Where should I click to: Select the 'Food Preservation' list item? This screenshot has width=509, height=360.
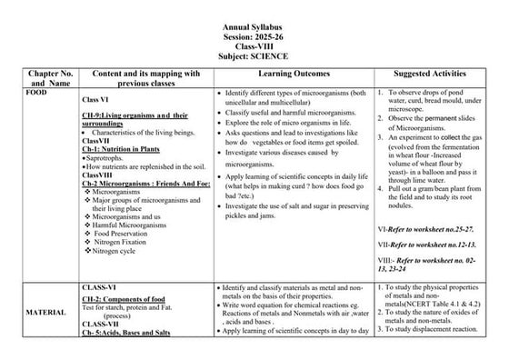(124, 233)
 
